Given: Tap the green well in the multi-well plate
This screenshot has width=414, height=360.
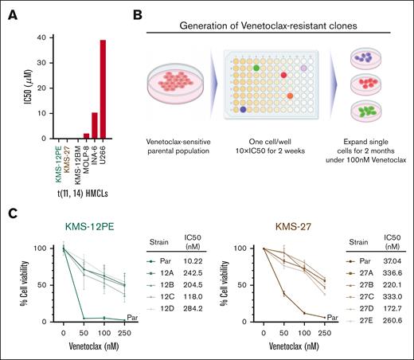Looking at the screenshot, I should pyautogui.click(x=257, y=68).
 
